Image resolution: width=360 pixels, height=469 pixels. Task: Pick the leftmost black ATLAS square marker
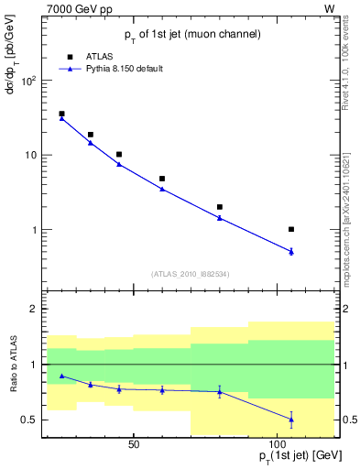61,114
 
